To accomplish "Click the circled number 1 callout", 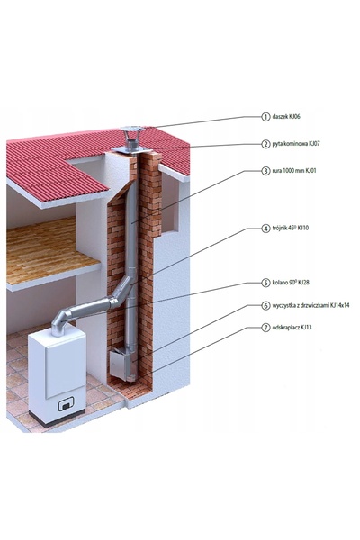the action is pyautogui.click(x=265, y=117).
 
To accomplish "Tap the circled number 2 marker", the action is pyautogui.click(x=265, y=144).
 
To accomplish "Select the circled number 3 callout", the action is pyautogui.click(x=265, y=170).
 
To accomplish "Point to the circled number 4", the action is pyautogui.click(x=265, y=228).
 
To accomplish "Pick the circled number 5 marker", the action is pyautogui.click(x=265, y=283).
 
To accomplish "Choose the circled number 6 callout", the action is pyautogui.click(x=265, y=305).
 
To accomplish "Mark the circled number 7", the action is pyautogui.click(x=265, y=328).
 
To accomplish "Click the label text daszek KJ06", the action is pyautogui.click(x=286, y=116).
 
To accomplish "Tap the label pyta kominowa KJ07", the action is pyautogui.click(x=296, y=144).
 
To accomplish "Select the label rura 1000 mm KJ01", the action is pyautogui.click(x=294, y=170).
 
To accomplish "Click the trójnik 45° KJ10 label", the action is pyautogui.click(x=291, y=228).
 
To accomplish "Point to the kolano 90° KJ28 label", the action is pyautogui.click(x=291, y=283).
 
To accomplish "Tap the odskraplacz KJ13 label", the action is pyautogui.click(x=292, y=328).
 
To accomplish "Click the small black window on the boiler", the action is pyautogui.click(x=66, y=404).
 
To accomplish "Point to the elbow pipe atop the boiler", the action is pyautogui.click(x=61, y=322).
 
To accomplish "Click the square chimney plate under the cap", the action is pyautogui.click(x=131, y=149).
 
